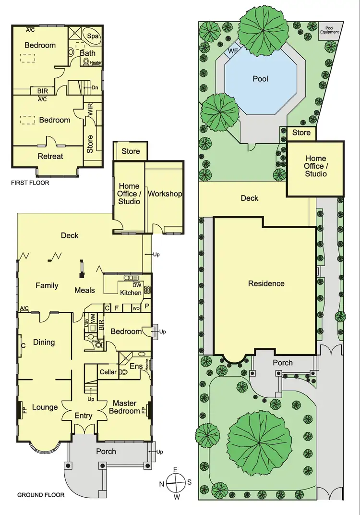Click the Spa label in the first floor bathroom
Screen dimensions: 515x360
pos(92,36)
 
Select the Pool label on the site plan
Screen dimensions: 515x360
pos(260,79)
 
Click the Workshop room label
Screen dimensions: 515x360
pos(165,194)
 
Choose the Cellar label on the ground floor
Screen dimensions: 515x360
pos(108,372)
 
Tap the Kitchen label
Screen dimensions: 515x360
pos(131,293)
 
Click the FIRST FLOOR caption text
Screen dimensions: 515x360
pos(30,183)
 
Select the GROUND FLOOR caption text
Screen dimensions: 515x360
pos(41,495)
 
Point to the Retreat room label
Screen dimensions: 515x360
pos(50,156)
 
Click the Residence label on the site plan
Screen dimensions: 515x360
pos(266,283)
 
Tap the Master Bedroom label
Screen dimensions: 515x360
pos(124,407)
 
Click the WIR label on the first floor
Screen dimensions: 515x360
pos(90,109)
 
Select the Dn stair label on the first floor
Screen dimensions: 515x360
pos(95,87)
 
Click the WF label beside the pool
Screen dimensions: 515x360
pos(233,50)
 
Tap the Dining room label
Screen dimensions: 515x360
pos(44,343)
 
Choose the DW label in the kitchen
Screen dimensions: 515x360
pos(136,285)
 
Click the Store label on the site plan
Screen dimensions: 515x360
pos(301,133)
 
